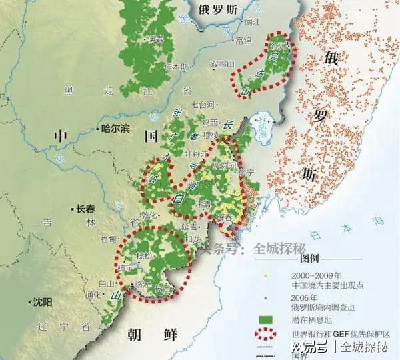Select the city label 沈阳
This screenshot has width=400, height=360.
point(41,302)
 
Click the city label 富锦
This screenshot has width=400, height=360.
point(243,41)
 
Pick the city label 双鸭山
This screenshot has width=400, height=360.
point(223,64)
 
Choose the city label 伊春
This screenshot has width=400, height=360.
point(156,39)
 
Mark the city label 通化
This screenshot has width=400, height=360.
point(93,294)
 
